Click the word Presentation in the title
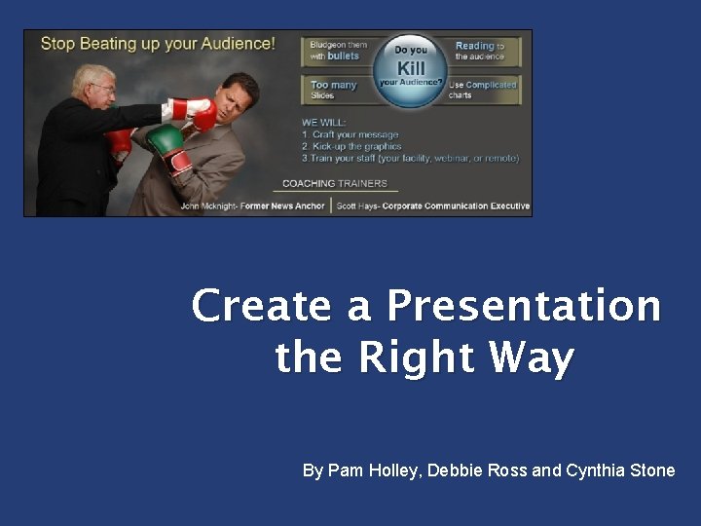click(524, 307)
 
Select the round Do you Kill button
click(411, 69)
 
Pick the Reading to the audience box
click(484, 51)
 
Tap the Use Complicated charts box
click(483, 90)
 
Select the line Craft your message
click(355, 134)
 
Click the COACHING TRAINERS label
click(334, 183)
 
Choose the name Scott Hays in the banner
click(356, 206)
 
